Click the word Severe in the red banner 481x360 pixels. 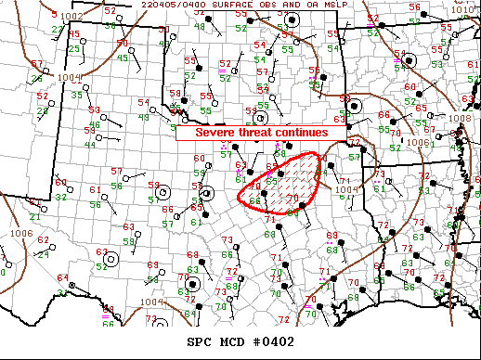point(214,133)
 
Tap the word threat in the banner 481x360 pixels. point(259,133)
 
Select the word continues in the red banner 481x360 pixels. point(305,133)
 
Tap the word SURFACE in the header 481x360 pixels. point(251,6)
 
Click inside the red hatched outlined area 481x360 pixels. point(283,181)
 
